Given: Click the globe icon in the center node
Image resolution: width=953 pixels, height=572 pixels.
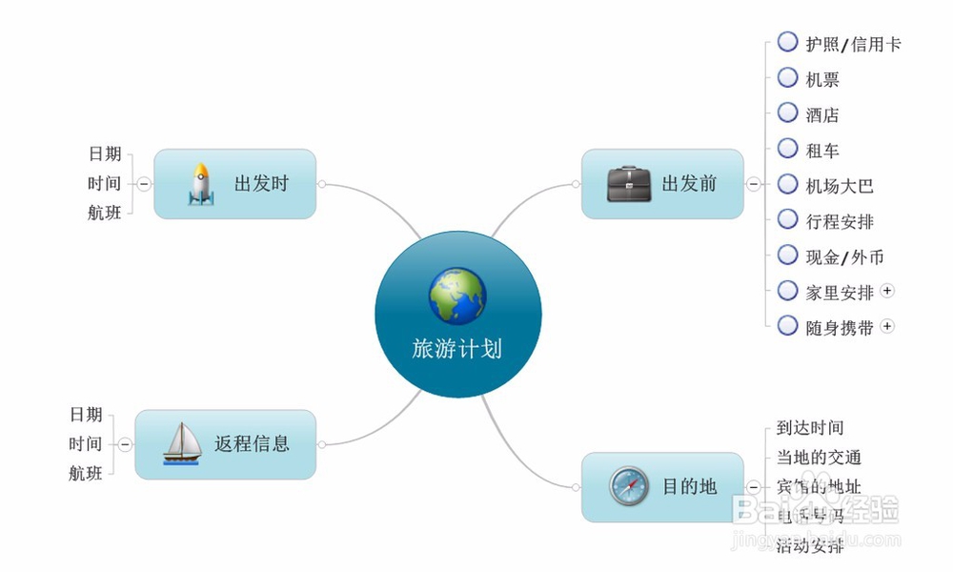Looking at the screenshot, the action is coord(457,296).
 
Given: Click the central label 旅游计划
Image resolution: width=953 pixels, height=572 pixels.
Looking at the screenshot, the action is coord(456,349).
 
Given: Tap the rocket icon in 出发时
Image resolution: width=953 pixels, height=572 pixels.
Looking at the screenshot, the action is coord(200,184).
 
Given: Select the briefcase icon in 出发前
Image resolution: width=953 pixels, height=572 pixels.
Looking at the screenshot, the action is coord(629,184).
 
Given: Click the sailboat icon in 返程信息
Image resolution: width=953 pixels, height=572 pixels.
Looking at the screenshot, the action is coord(182,443).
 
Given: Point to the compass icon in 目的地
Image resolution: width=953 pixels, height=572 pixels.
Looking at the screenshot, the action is coord(629,487).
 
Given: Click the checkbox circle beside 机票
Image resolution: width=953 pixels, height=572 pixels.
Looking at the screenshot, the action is coord(787,77).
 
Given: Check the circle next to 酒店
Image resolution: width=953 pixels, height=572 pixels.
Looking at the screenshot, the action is coord(787,112).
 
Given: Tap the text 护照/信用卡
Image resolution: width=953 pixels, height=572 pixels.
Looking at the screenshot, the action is coord(853,44).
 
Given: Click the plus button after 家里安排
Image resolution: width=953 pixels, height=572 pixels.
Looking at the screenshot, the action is coord(887,291).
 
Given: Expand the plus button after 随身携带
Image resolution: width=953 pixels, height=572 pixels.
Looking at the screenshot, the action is coord(887,326).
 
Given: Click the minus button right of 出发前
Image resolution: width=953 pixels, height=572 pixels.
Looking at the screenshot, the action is coord(753,184).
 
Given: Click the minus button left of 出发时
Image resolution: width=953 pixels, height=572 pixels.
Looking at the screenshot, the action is coord(143,184).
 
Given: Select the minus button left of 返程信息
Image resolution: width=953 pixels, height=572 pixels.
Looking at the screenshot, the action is coord(125,443).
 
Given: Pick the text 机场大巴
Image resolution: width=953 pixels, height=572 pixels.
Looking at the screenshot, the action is coord(840,186).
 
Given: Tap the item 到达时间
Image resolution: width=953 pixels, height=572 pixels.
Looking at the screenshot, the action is coord(810,428).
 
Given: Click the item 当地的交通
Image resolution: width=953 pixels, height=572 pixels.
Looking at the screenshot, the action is coord(819,458).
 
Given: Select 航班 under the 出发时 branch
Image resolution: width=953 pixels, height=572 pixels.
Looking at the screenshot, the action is coord(105,214).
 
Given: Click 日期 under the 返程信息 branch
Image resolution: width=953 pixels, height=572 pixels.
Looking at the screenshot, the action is coord(86,415).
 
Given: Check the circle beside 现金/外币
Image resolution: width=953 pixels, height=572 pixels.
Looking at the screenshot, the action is coord(787,255).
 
